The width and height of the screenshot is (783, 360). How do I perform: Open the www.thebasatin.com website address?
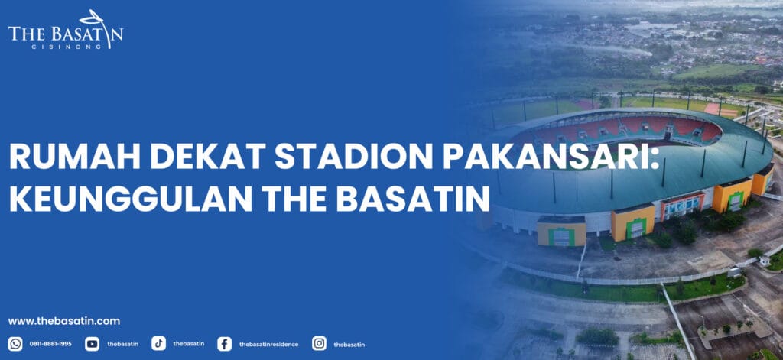(x=64, y=321)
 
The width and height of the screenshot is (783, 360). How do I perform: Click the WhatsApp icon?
(x=15, y=344)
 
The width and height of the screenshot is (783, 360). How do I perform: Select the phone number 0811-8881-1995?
(x=50, y=344)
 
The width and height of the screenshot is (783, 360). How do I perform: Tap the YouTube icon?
(x=92, y=344)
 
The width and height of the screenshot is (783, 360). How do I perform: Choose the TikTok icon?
(x=158, y=344)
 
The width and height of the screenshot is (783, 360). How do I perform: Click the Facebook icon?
(x=224, y=344)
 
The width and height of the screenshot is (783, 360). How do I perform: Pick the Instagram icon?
(x=319, y=344)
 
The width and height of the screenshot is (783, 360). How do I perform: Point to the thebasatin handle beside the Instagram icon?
(x=349, y=344)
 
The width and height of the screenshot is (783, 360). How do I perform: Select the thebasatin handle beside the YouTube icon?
(x=122, y=344)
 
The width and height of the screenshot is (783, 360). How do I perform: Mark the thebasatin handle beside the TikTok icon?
(x=188, y=344)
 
